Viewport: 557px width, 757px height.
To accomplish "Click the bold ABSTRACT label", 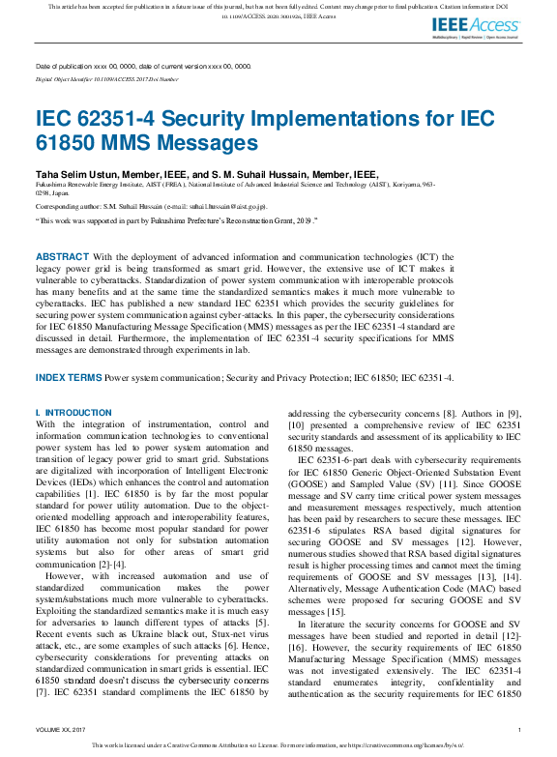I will pyautogui.click(x=62, y=256).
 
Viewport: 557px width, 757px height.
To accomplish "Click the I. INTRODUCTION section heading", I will pyautogui.click(x=73, y=413).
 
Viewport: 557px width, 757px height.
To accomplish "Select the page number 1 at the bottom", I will pyautogui.click(x=519, y=730).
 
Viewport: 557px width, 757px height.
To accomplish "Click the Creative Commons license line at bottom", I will pyautogui.click(x=278, y=745).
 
